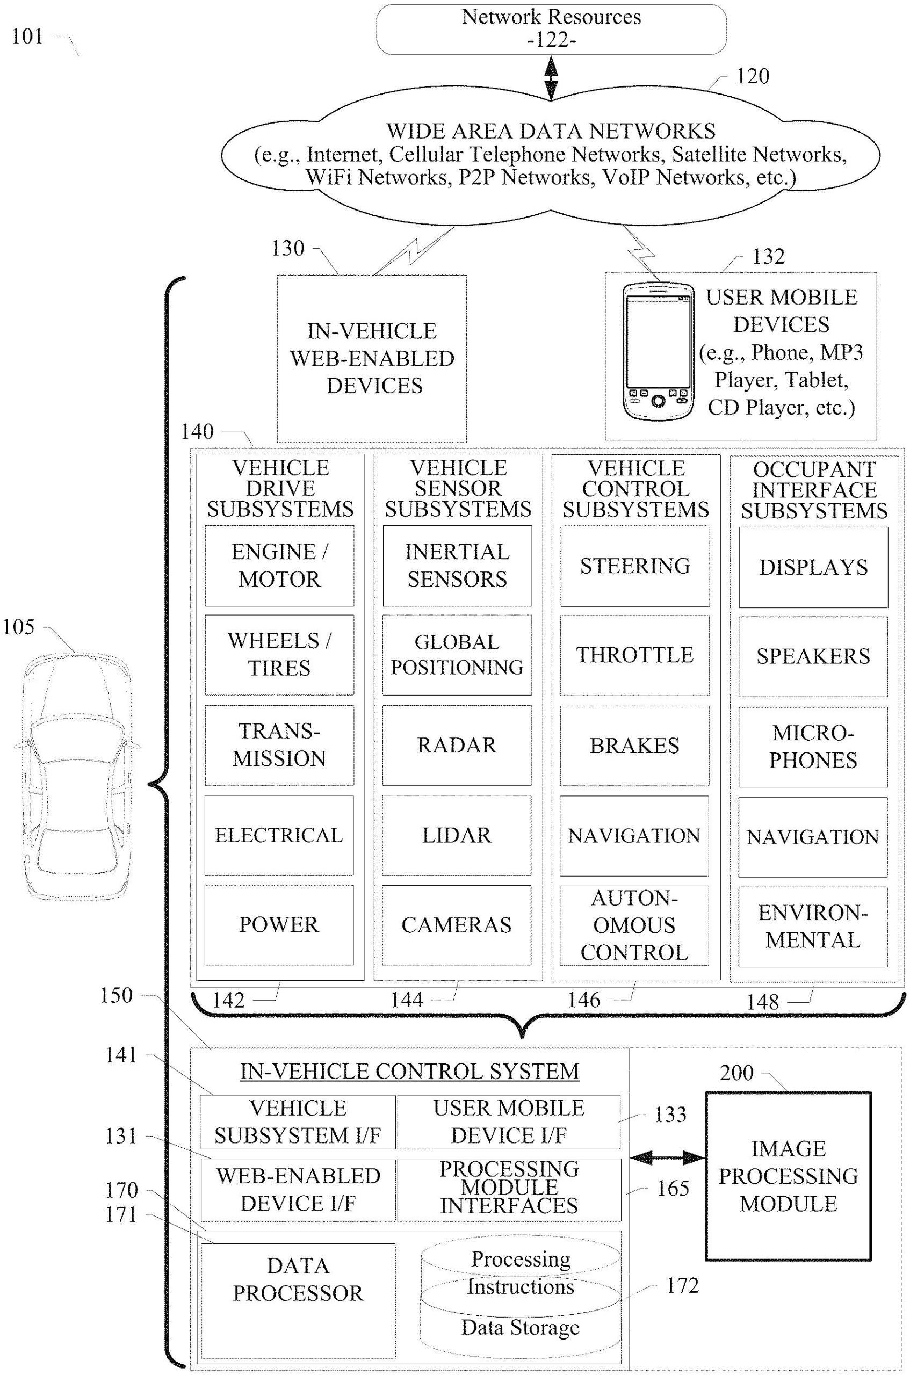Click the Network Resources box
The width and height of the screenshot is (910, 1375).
pyautogui.click(x=551, y=28)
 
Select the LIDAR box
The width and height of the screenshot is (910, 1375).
pyautogui.click(x=457, y=835)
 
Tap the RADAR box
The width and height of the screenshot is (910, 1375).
pyautogui.click(x=457, y=745)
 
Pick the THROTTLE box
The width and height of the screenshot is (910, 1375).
pyautogui.click(x=634, y=655)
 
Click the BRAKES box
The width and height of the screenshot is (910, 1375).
pyautogui.click(x=634, y=746)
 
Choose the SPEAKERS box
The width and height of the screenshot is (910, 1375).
pyautogui.click(x=812, y=656)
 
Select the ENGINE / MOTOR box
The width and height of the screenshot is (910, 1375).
pyautogui.click(x=279, y=565)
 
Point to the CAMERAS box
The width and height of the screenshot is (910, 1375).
pyautogui.click(x=457, y=925)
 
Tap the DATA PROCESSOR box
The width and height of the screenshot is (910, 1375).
pyautogui.click(x=298, y=1301)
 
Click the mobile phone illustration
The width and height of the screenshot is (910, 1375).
pyautogui.click(x=658, y=352)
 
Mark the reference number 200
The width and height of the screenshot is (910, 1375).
pyautogui.click(x=736, y=1072)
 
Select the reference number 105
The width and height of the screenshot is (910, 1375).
pyautogui.click(x=19, y=627)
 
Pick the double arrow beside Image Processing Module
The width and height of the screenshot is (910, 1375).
pyautogui.click(x=666, y=1158)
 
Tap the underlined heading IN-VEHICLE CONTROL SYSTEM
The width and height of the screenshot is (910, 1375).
pyautogui.click(x=410, y=1071)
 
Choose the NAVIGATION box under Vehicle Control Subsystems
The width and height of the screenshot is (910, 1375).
pyautogui.click(x=634, y=835)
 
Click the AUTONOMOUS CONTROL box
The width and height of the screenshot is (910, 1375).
pyautogui.click(x=634, y=925)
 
